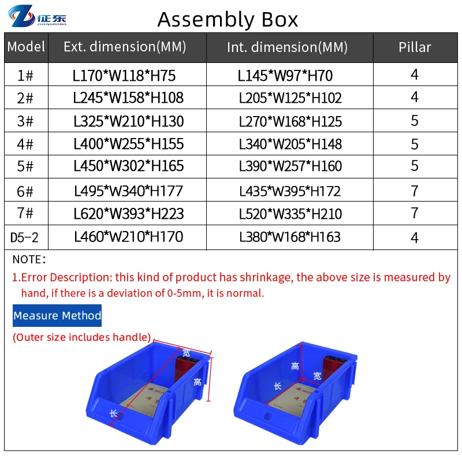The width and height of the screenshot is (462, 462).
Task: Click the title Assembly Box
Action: click(228, 20)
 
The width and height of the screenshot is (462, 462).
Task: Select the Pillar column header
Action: click(415, 47)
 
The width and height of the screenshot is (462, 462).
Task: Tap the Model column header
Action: click(27, 47)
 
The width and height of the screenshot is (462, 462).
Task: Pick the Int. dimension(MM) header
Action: click(287, 47)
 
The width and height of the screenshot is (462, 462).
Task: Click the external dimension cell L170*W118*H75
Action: click(124, 75)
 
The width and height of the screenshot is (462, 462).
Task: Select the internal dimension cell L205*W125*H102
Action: click(290, 98)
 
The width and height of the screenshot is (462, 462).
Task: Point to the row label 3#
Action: click(26, 121)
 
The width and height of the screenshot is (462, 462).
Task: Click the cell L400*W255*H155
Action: click(129, 143)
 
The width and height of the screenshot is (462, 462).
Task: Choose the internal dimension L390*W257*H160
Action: click(290, 166)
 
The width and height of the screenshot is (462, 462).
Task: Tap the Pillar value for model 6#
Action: click(415, 191)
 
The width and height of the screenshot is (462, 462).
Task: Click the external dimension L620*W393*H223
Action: click(129, 214)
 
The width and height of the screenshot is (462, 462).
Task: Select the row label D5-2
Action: click(26, 237)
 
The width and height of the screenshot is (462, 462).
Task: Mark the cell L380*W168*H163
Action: click(290, 237)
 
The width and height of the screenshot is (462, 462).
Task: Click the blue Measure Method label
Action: click(57, 316)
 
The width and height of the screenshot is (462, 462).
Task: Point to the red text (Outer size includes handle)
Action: click(82, 337)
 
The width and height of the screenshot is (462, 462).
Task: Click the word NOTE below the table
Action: click(29, 260)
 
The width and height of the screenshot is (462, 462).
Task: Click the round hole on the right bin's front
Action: click(267, 416)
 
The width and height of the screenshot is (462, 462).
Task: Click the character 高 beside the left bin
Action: click(198, 382)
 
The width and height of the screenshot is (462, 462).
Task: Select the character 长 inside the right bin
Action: click(277, 387)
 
